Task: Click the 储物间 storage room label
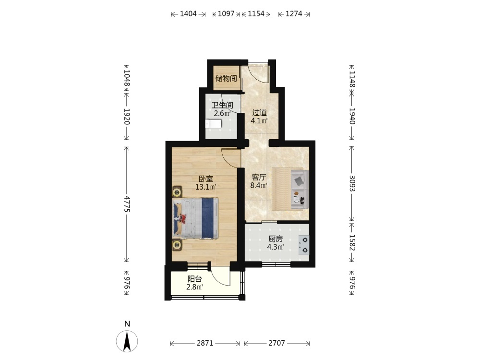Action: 226,78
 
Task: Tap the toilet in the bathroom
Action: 214,124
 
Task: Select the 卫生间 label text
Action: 222,105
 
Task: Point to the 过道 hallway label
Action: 259,112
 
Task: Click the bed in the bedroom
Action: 196,218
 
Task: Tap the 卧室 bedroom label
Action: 206,179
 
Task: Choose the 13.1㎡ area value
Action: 206,187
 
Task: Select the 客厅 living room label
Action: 259,177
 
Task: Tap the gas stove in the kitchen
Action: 304,245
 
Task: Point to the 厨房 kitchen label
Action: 276,239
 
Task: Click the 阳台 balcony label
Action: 195,279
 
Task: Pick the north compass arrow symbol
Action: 127,341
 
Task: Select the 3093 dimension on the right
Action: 352,183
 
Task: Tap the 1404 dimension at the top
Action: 188,14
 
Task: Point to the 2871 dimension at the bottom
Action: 205,343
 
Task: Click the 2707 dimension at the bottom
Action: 277,343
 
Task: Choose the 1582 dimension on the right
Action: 352,242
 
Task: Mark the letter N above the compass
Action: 127,324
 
